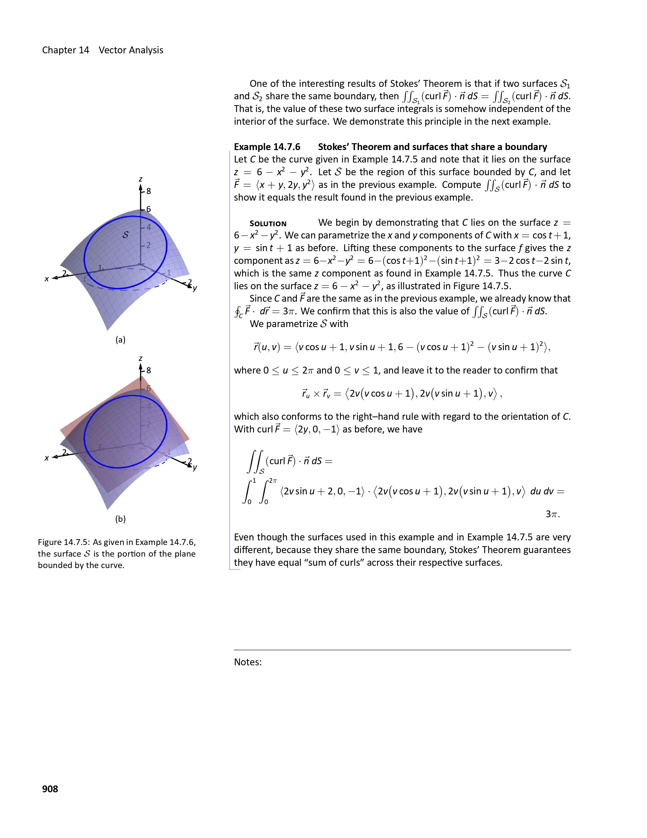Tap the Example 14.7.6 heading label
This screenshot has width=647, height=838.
(267, 147)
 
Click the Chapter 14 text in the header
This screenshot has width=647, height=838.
(65, 50)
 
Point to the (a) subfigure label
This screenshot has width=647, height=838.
(120, 340)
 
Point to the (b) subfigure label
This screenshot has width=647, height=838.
(120, 519)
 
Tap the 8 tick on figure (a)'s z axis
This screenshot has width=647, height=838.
(149, 191)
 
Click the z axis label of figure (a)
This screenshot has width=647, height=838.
(141, 179)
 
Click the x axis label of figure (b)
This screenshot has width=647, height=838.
(47, 458)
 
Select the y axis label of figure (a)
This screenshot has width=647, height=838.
(195, 288)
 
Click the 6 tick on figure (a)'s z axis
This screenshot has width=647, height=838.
(149, 209)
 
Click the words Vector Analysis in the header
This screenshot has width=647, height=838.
(131, 50)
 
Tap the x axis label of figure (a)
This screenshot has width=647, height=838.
(47, 279)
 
